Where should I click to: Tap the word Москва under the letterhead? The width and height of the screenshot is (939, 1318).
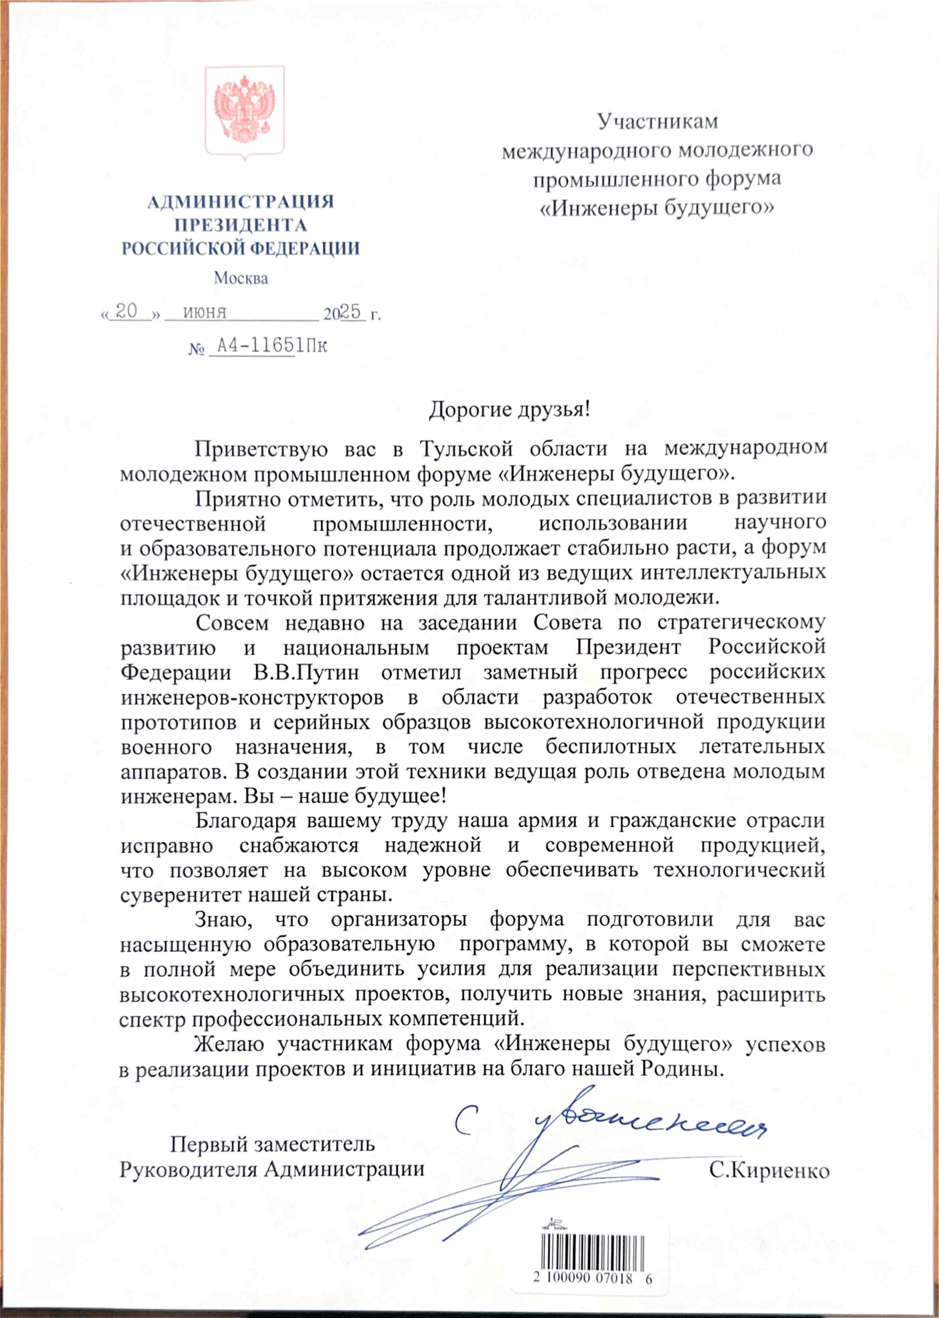241,278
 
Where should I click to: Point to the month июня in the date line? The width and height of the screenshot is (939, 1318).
205,312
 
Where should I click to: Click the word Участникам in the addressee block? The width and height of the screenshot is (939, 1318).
657,121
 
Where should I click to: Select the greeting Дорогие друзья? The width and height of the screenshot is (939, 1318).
509,410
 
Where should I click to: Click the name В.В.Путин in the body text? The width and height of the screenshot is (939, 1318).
306,673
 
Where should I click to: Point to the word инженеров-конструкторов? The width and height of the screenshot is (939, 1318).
251,697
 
